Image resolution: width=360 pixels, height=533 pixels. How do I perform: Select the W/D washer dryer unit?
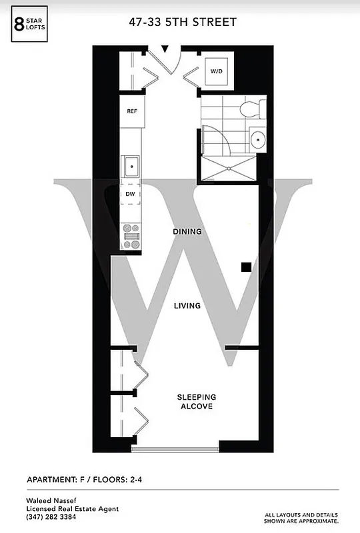217,71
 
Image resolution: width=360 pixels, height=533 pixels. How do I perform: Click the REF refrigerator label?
132,111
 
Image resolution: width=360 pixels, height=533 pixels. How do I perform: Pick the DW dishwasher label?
131,194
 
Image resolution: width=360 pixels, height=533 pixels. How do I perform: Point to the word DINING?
187,232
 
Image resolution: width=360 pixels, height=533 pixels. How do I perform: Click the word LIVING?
187,306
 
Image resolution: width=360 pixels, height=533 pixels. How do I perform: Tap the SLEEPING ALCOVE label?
196,402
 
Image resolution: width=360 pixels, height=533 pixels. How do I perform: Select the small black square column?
246,267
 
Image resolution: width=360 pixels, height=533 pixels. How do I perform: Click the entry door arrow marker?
166,49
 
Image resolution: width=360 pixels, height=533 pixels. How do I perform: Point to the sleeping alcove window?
175,449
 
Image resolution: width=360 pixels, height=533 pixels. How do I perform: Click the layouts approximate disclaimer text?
301,517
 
